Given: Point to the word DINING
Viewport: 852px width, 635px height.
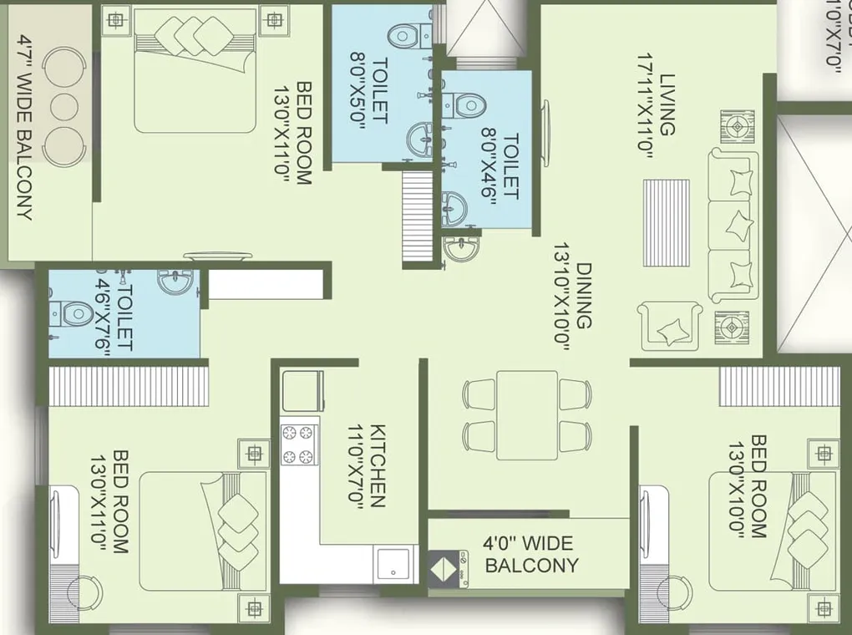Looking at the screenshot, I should (584, 297).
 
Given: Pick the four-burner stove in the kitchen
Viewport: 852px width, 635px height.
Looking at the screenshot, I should (300, 444).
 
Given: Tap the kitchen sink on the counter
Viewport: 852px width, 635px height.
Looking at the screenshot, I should (393, 564).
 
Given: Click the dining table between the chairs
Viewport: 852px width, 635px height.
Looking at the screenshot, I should (527, 414).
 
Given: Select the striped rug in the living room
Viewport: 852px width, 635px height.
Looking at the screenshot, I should (667, 222).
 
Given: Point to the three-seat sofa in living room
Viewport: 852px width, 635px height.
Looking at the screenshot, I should (735, 225).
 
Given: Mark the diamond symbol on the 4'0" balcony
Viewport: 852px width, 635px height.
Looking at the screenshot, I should (443, 566).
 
